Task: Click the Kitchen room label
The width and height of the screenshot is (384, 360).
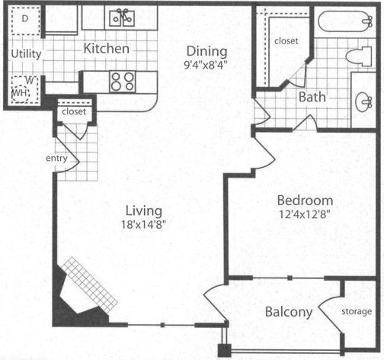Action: point(107,48)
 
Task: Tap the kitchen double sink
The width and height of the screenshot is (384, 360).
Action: point(122,18)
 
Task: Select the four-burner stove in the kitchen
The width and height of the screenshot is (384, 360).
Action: point(123,82)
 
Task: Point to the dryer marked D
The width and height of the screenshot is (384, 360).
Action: point(25,21)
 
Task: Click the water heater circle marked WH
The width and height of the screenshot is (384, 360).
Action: point(21,94)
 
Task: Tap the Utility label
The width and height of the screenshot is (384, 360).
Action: point(26,54)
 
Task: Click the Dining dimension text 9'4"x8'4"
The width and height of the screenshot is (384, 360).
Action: point(205,65)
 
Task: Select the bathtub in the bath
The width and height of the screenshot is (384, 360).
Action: point(345,21)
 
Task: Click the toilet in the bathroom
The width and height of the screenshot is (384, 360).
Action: point(359,56)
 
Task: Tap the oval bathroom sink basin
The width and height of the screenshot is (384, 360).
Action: point(363,102)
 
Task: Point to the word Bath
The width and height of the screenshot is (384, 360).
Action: point(312,97)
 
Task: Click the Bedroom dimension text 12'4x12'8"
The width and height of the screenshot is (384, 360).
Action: point(305,214)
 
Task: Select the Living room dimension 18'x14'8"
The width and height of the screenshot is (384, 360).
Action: point(144,224)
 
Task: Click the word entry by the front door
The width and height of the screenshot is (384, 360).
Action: point(56,158)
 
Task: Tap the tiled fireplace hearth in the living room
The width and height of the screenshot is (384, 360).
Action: point(90,284)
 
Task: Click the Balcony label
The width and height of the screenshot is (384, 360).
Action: point(289,312)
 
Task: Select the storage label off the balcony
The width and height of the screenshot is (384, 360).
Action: point(357,311)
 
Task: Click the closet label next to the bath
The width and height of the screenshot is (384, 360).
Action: point(286,40)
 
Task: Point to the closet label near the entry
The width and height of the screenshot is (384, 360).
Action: point(74,111)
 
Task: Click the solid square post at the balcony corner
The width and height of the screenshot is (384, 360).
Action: point(225,350)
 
